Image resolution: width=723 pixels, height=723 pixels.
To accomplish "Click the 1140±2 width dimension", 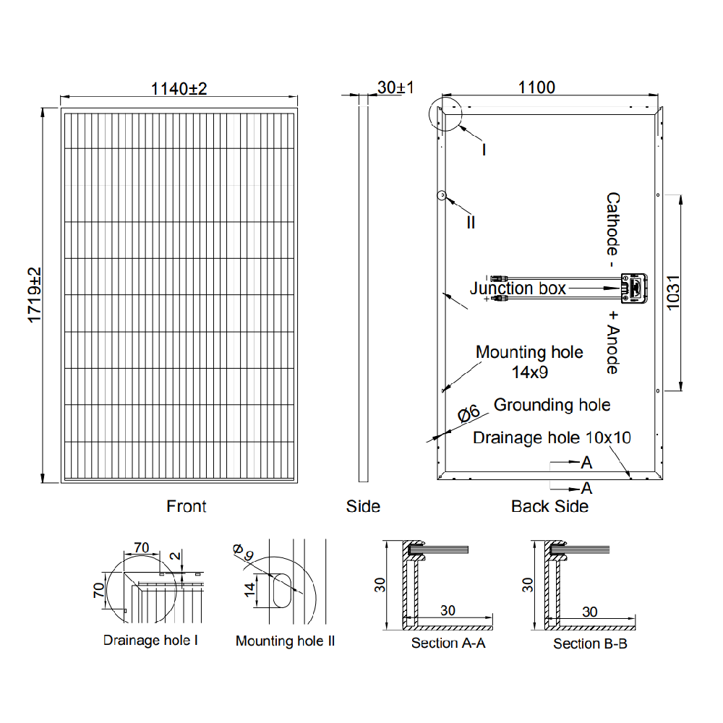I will pos(179,89).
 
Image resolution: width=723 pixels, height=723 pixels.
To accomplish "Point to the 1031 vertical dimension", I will pos(673,291).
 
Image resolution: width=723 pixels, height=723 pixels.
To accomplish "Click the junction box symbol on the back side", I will pos(635,288).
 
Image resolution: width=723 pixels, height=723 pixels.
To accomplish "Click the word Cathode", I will pos(612,224).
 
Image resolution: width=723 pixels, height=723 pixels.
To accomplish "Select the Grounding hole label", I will pos(552,405).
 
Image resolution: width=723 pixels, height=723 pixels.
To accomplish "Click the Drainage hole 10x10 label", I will pos(552,438).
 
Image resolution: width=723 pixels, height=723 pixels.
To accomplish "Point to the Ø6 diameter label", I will pos(469,414).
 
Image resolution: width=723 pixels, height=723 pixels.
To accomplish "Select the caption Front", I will pos(187,506).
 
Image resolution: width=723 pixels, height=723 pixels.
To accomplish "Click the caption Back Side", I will pos(549,506).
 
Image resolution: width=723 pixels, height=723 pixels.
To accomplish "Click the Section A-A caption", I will pos(448,643).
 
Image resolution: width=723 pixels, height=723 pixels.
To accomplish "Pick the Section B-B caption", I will pos(590,643).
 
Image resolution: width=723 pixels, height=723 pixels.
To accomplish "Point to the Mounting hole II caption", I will pos(285,641).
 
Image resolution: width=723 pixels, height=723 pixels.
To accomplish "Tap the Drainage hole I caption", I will pos(150,640).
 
